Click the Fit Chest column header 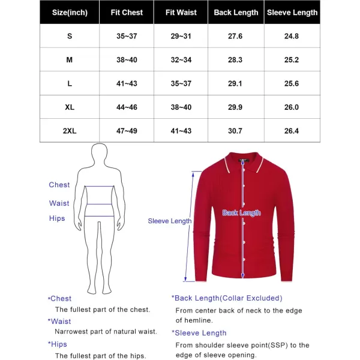coord(127,12)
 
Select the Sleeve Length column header coord(293,12)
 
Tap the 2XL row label coord(70,131)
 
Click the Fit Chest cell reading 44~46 coord(127,107)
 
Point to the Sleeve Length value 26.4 coord(293,131)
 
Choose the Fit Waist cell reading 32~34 coord(181,59)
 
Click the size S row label coord(70,36)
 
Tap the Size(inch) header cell coord(70,12)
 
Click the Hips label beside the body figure coord(58,218)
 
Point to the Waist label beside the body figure coord(59,203)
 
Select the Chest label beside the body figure coord(59,185)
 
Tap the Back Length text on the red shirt coord(241,213)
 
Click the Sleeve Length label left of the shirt coord(170,221)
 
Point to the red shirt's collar coord(242,160)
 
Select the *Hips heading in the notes coord(58,344)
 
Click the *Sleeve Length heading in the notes coord(199,333)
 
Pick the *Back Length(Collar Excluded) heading coord(227,298)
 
